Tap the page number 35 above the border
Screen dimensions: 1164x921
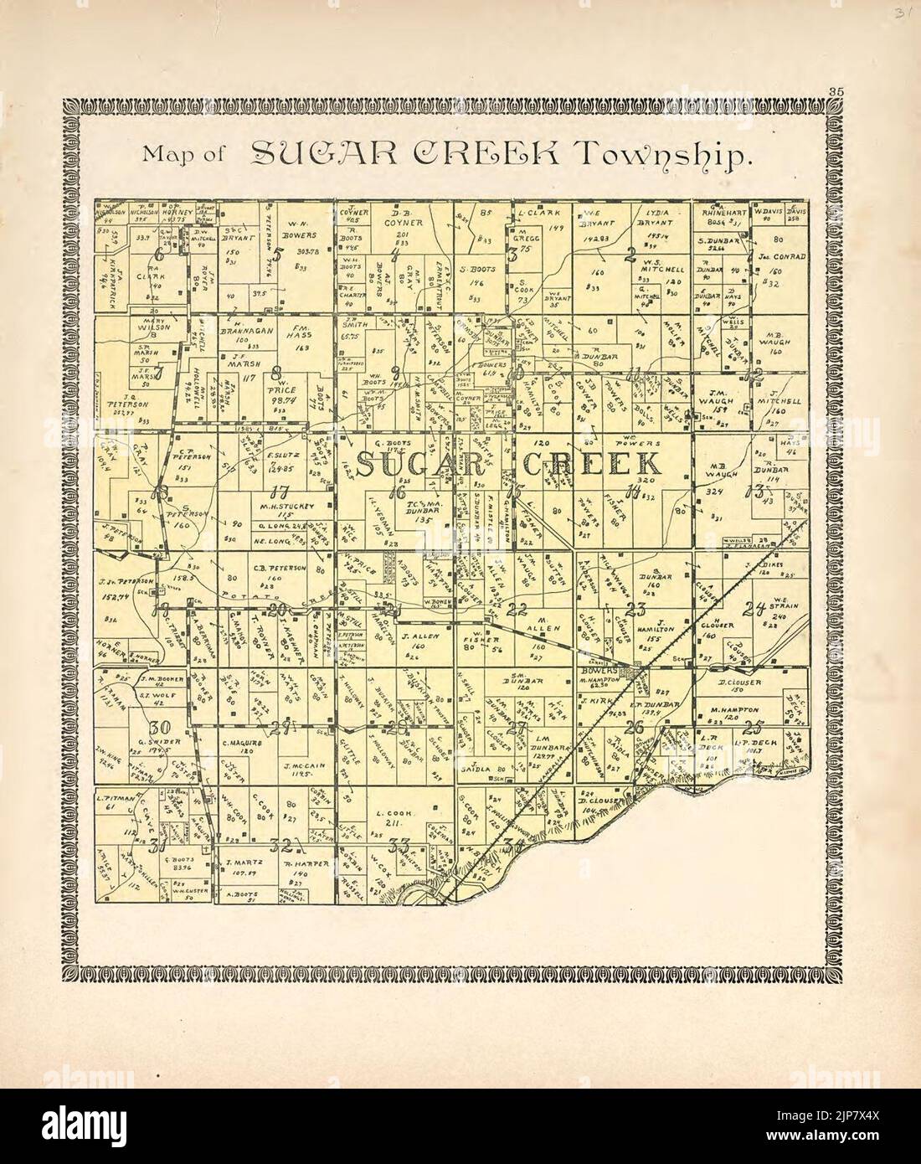(x=835, y=91)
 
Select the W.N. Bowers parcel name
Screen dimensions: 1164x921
(x=299, y=229)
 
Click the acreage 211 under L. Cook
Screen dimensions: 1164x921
(x=391, y=822)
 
